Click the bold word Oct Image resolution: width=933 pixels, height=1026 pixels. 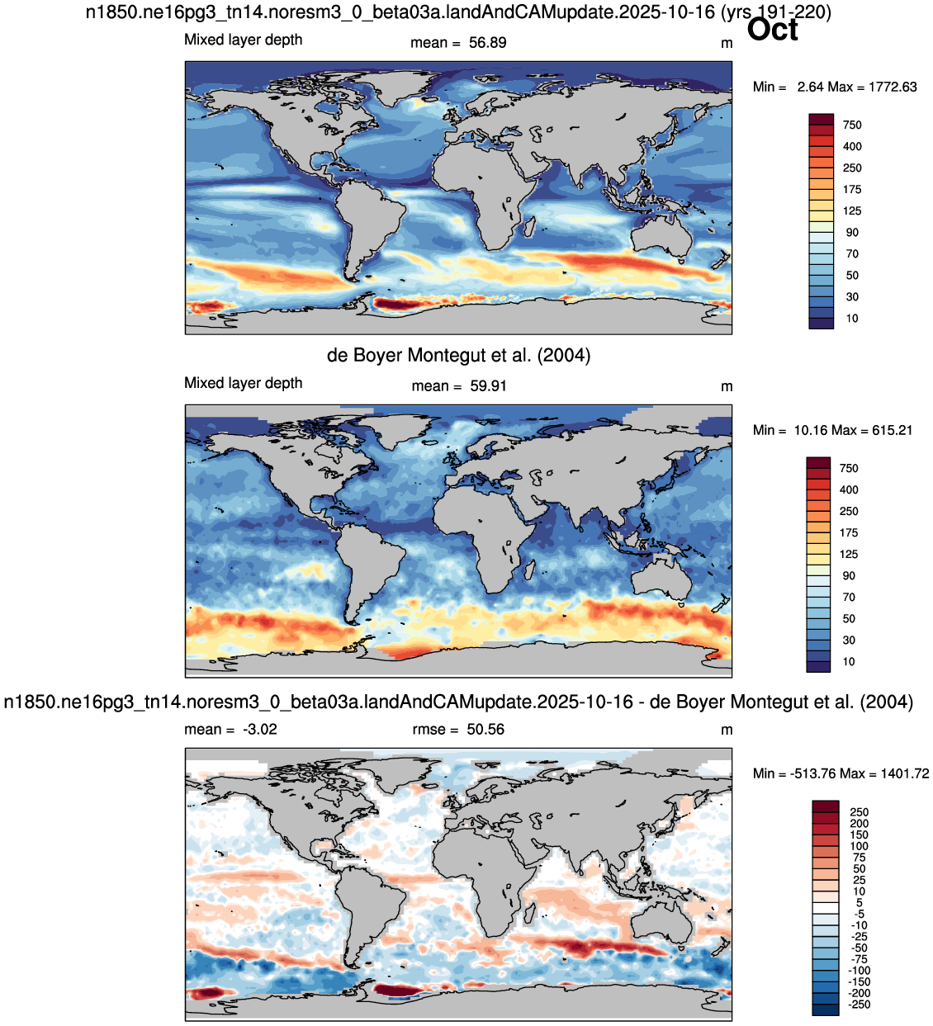tap(772, 30)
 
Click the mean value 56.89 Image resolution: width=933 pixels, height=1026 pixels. tap(487, 42)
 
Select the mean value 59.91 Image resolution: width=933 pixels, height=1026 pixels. tap(488, 385)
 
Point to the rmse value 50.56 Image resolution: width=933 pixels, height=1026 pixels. tap(485, 729)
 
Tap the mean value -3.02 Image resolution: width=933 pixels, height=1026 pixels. tap(259, 729)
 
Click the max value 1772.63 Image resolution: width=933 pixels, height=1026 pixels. tap(886, 87)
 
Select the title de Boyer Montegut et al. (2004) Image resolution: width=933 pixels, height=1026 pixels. tap(458, 355)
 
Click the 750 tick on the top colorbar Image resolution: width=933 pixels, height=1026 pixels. tap(852, 125)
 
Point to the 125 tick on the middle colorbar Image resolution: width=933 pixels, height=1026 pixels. tap(849, 554)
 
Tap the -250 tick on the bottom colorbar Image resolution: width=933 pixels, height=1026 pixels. tap(860, 1004)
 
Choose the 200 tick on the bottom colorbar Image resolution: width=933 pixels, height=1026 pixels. tap(860, 823)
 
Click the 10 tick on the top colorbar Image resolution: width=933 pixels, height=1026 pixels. tap(851, 318)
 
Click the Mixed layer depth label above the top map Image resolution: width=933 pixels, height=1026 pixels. tap(243, 40)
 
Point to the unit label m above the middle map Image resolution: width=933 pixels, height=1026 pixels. tap(727, 386)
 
